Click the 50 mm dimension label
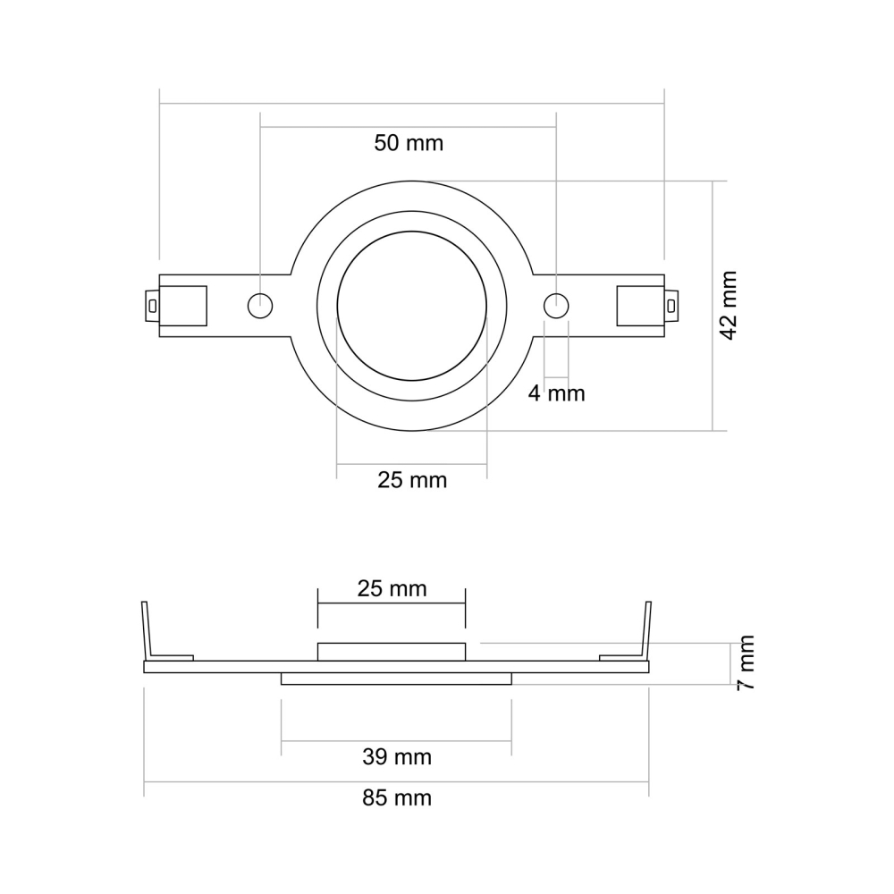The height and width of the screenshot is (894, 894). pyautogui.click(x=409, y=142)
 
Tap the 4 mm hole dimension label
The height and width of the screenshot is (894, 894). pyautogui.click(x=555, y=392)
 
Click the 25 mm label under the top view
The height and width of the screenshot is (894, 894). pyautogui.click(x=412, y=480)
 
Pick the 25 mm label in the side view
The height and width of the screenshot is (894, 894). pyautogui.click(x=392, y=588)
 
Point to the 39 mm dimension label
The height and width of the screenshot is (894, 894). pyautogui.click(x=397, y=757)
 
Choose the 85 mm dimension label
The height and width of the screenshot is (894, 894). pyautogui.click(x=397, y=797)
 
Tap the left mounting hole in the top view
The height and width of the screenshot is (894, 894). pyautogui.click(x=259, y=305)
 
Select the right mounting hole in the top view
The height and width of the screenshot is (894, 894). pyautogui.click(x=556, y=305)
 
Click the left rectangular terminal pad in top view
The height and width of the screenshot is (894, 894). pyautogui.click(x=183, y=305)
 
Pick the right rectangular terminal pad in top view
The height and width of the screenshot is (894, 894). pyautogui.click(x=640, y=305)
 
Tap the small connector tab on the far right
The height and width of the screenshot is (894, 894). pyautogui.click(x=671, y=305)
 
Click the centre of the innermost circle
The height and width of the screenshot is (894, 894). pyautogui.click(x=412, y=305)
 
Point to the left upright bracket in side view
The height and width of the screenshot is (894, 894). pyautogui.click(x=147, y=630)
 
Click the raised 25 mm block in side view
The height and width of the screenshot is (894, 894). pyautogui.click(x=392, y=652)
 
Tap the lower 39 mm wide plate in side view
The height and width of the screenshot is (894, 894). pyautogui.click(x=396, y=679)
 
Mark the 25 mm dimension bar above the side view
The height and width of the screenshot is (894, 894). pyautogui.click(x=392, y=603)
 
